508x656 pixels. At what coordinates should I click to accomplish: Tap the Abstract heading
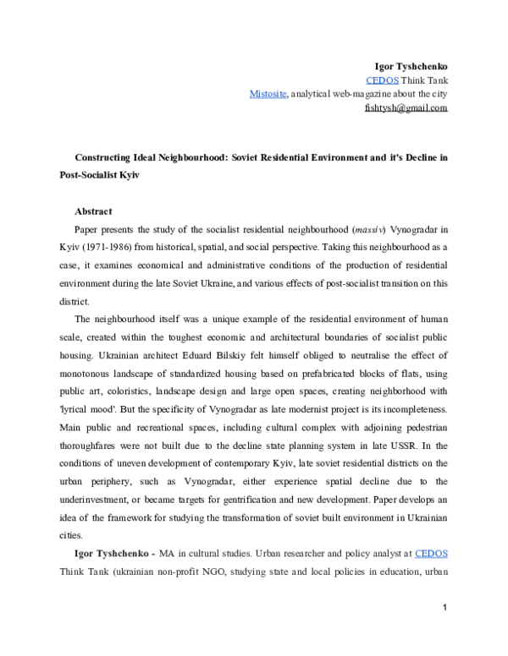click(94, 210)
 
